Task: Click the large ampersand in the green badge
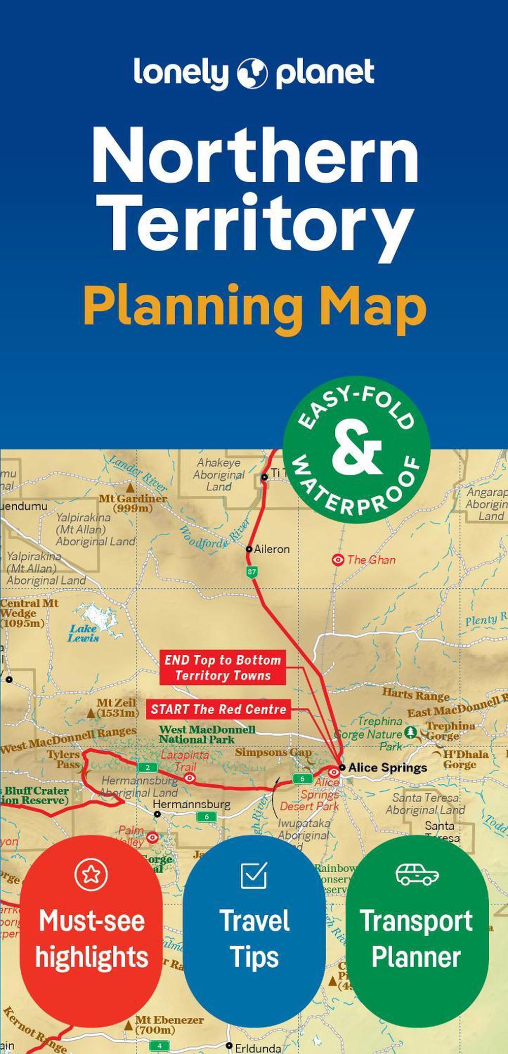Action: click(x=357, y=449)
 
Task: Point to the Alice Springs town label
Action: click(x=387, y=768)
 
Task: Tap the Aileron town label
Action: click(x=271, y=549)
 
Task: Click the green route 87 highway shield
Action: click(x=251, y=571)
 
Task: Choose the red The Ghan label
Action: click(x=371, y=560)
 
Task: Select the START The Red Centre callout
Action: click(x=218, y=710)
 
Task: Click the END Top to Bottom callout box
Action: click(x=223, y=667)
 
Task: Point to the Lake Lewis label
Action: click(x=84, y=633)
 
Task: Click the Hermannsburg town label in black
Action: click(x=192, y=805)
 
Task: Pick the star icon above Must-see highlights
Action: click(x=91, y=874)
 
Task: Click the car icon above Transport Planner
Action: click(x=417, y=874)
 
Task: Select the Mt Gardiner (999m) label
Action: click(x=133, y=503)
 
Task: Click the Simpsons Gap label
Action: click(x=273, y=752)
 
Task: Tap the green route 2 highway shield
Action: click(x=147, y=768)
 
